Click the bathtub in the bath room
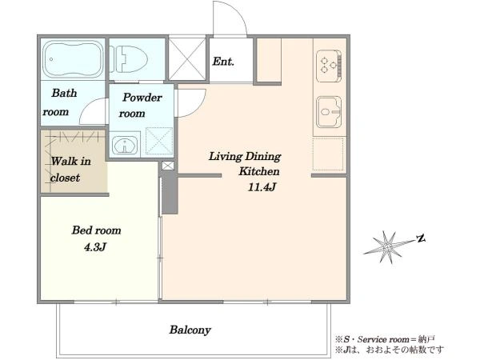point(73,59)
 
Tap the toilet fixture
point(129,59)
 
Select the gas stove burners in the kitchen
point(329,66)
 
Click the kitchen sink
point(329,112)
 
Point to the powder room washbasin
point(124,145)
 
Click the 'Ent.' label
point(223,62)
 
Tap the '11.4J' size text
point(262,186)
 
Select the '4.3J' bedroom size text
point(95,246)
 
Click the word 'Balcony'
point(190,330)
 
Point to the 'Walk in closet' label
point(70,170)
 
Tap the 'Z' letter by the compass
point(422,238)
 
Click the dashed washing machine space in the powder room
point(159,141)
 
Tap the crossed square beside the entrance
point(187,58)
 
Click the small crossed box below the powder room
point(168,166)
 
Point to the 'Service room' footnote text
point(383,339)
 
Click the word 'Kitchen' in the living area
point(259,171)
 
